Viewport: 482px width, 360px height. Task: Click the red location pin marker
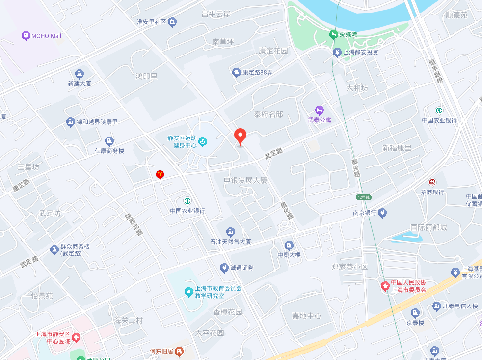(240, 136)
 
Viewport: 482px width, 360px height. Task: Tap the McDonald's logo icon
(160, 174)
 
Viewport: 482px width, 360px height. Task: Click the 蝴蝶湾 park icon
(333, 35)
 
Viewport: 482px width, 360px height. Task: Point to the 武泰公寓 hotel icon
(320, 110)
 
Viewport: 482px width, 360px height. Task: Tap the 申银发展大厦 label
(245, 180)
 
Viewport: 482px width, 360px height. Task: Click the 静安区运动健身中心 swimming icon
(202, 142)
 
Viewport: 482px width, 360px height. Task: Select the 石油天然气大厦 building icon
(230, 232)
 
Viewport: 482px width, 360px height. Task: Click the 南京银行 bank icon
(383, 213)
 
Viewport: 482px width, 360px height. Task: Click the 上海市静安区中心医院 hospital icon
(76, 337)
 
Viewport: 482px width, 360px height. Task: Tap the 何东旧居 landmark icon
(179, 351)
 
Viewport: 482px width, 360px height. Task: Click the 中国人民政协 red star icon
(385, 285)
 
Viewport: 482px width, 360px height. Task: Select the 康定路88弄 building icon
(237, 73)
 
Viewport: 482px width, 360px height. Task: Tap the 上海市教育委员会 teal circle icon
(188, 292)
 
